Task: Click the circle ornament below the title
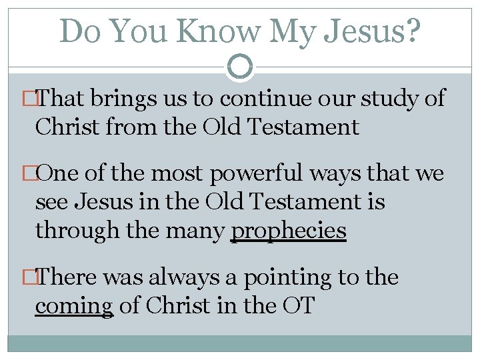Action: click(x=240, y=67)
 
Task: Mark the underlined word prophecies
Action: click(x=288, y=231)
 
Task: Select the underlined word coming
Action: click(x=74, y=307)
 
